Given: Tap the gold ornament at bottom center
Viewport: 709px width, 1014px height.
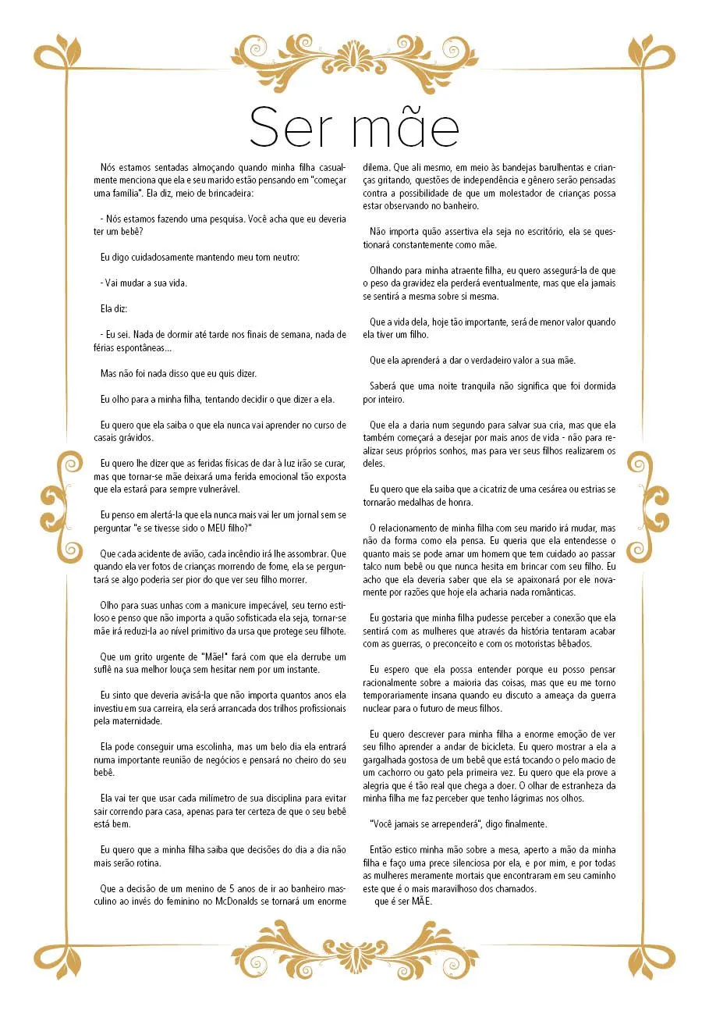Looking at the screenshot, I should click(x=355, y=955).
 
